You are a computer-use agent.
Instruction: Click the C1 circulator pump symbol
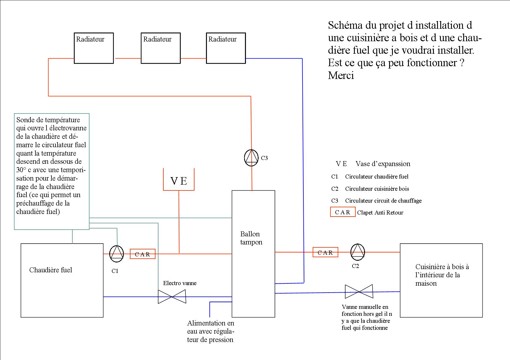[x=117, y=253]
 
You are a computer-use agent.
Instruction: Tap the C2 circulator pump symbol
[x=357, y=252]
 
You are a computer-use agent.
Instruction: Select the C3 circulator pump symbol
[x=251, y=158]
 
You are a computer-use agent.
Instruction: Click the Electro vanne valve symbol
[x=172, y=297]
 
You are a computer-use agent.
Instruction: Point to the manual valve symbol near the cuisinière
[x=359, y=291]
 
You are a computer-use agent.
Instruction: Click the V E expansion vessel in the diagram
[x=179, y=180]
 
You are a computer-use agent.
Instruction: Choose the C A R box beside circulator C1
[x=142, y=254]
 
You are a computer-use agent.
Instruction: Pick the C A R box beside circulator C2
[x=325, y=252]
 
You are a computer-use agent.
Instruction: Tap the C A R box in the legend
[x=343, y=212]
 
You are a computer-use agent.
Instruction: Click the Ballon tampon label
[x=251, y=238]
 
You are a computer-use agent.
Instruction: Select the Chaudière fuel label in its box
[x=51, y=270]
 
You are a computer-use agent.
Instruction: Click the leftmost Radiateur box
[x=94, y=48]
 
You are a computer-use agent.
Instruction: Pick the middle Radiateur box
[x=161, y=48]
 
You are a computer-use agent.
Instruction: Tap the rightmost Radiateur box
[x=226, y=48]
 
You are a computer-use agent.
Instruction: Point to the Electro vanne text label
[x=180, y=283]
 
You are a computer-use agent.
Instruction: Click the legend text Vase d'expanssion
[x=383, y=164]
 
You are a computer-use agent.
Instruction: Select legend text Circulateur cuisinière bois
[x=377, y=189]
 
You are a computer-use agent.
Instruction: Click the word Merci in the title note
[x=341, y=75]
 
